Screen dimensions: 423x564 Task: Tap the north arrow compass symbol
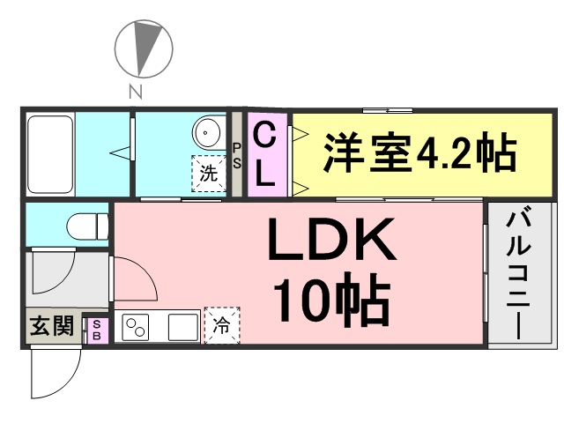(x=143, y=48)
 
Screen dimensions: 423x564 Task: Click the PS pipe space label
(x=237, y=154)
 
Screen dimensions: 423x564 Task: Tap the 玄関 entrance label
(x=51, y=327)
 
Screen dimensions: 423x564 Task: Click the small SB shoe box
(x=97, y=330)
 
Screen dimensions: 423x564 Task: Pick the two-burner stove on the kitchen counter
(x=139, y=328)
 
